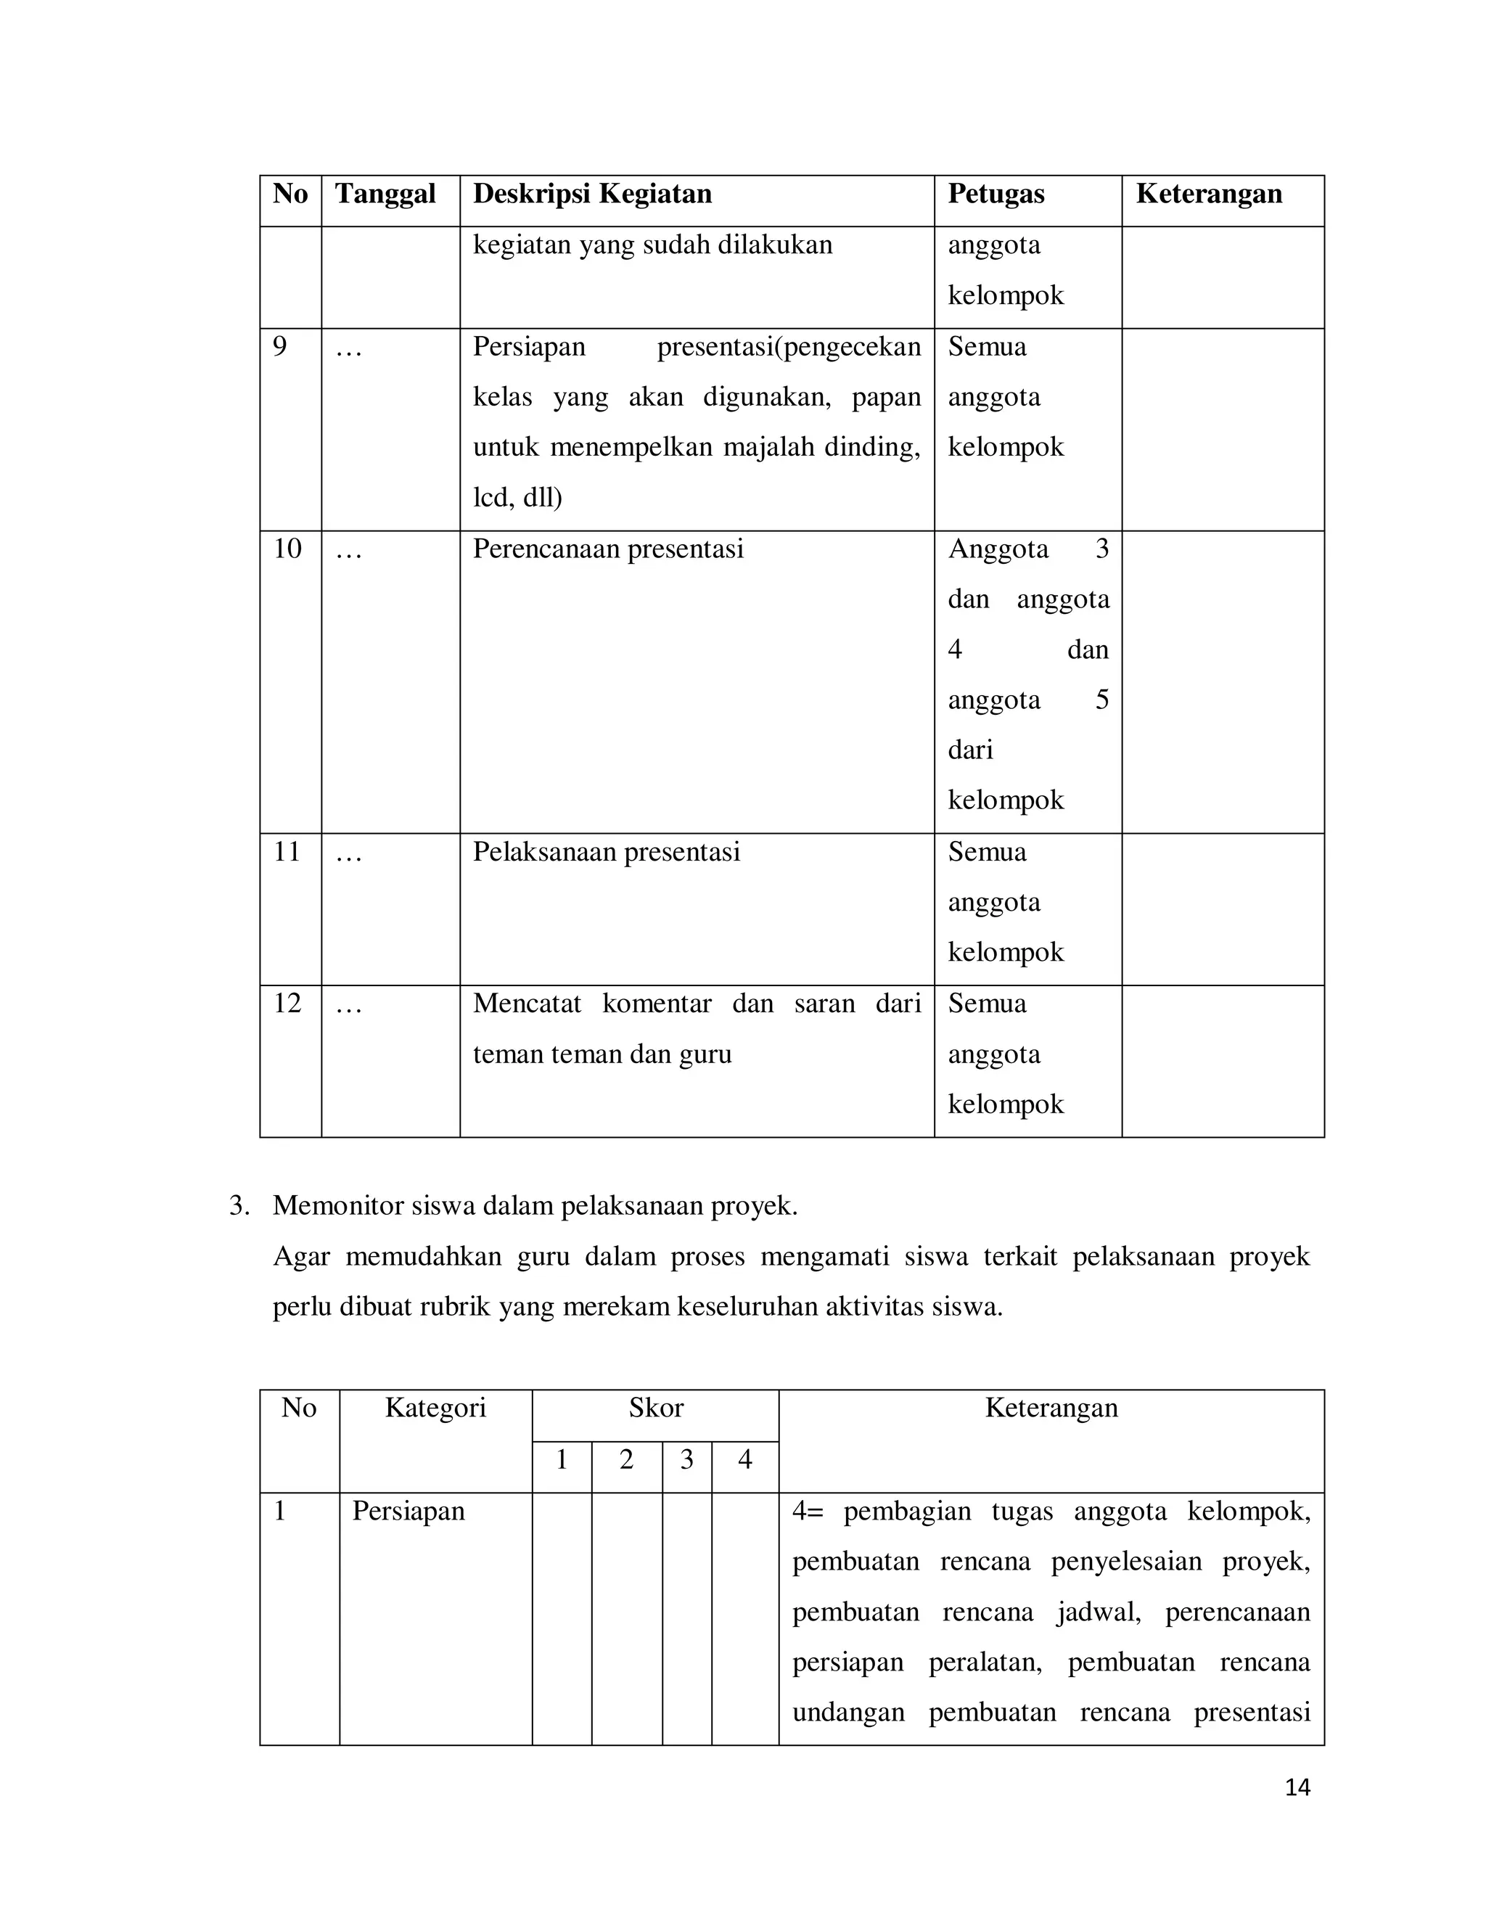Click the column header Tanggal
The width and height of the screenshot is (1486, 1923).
point(385,194)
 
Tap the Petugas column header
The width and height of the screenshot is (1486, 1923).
point(995,194)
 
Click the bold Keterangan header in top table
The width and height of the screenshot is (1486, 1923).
point(1208,194)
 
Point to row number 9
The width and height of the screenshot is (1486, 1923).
point(279,347)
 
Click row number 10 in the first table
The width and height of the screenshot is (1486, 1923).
point(287,549)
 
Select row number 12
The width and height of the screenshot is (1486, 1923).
point(287,1004)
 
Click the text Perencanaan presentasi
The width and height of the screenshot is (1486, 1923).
point(607,549)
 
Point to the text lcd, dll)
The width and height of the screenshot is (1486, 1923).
point(517,499)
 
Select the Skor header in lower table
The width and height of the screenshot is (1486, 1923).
point(655,1408)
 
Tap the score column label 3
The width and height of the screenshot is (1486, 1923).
point(686,1460)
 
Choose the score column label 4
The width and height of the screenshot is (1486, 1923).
point(744,1460)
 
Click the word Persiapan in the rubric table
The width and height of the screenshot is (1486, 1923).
point(408,1511)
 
